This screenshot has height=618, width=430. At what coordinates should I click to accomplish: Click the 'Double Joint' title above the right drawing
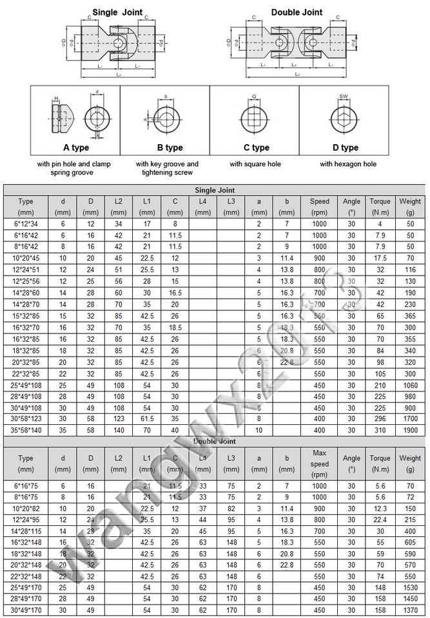297,12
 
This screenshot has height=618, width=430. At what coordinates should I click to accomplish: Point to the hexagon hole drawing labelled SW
344,119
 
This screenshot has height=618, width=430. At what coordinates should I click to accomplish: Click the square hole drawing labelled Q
255,119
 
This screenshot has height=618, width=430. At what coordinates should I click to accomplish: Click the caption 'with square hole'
256,164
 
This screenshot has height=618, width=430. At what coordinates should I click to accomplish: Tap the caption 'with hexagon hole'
348,164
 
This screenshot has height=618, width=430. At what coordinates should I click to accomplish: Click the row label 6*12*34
26,223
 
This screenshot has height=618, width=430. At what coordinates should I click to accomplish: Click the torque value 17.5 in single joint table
380,257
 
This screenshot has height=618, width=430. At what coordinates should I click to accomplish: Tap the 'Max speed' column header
319,458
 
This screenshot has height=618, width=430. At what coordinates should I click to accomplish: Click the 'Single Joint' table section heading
215,190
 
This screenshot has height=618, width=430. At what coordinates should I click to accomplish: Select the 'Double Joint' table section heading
215,442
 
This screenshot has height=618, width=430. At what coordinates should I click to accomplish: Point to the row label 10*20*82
26,508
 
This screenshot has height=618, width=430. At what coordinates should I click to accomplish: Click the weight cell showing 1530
410,588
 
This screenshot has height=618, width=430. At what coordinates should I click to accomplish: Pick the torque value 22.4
380,520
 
